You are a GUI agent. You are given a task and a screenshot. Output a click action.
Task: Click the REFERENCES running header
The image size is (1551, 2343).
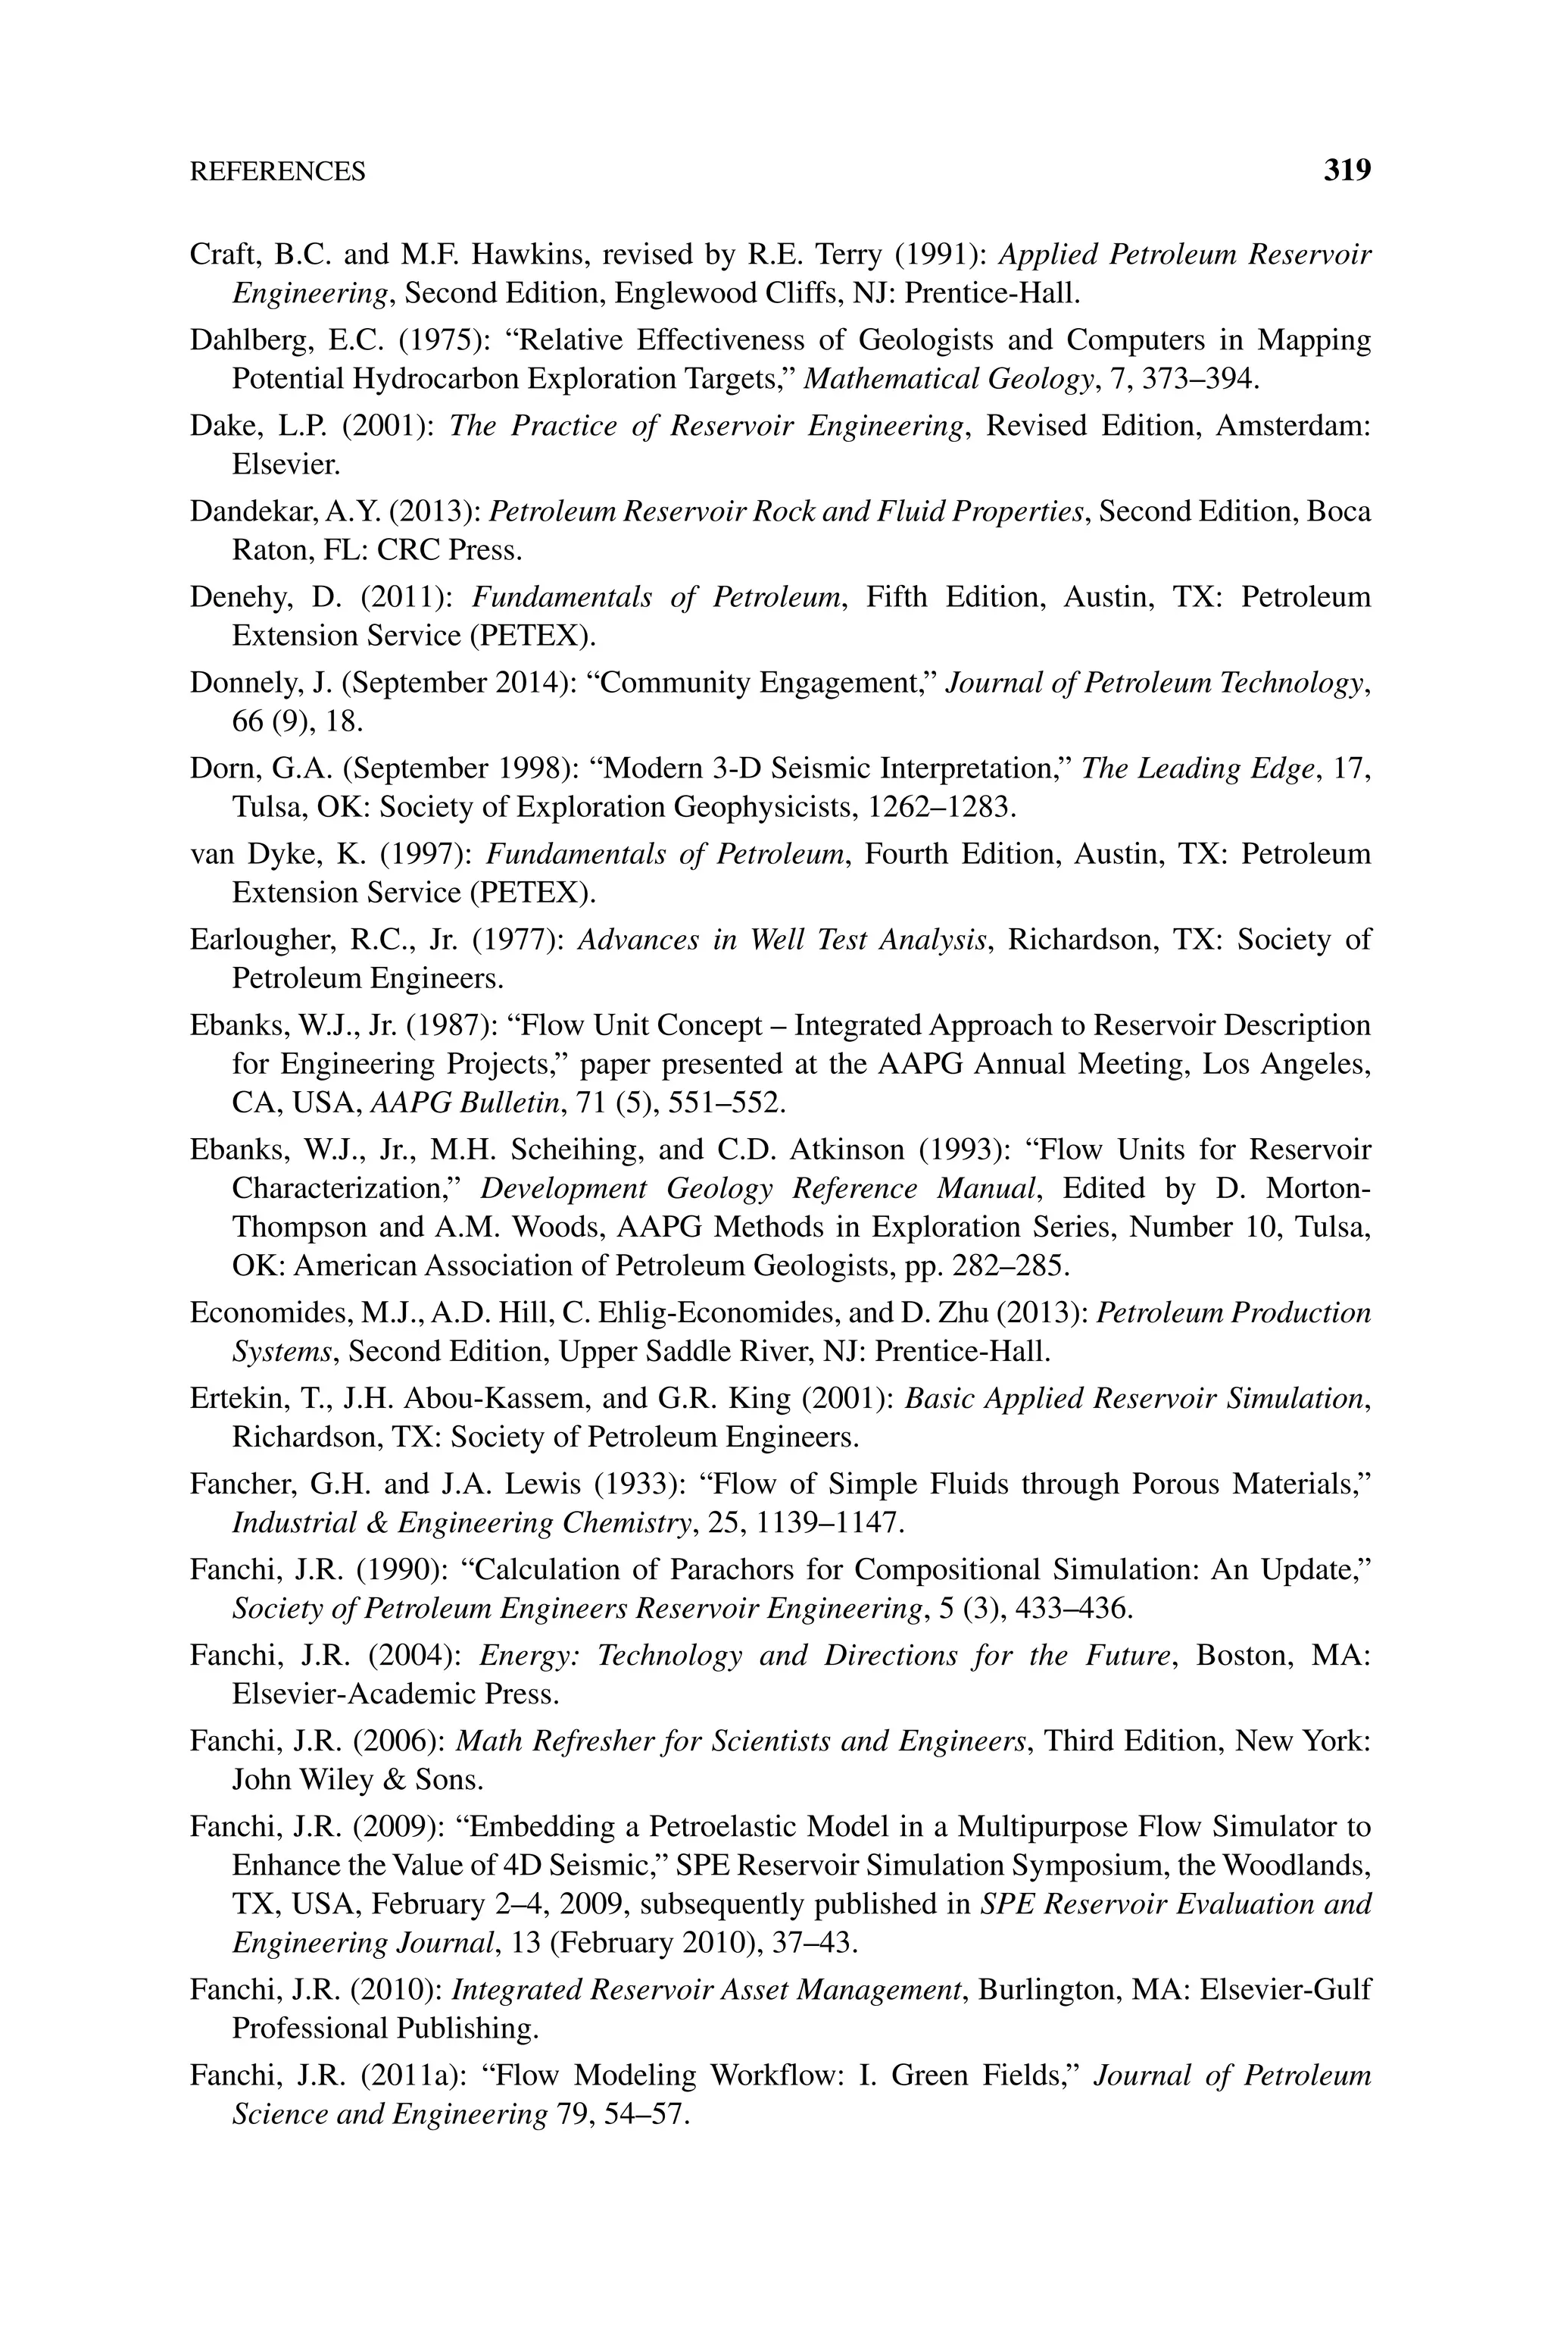coord(277,172)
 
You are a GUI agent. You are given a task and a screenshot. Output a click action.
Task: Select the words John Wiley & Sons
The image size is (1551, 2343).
coord(357,1780)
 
